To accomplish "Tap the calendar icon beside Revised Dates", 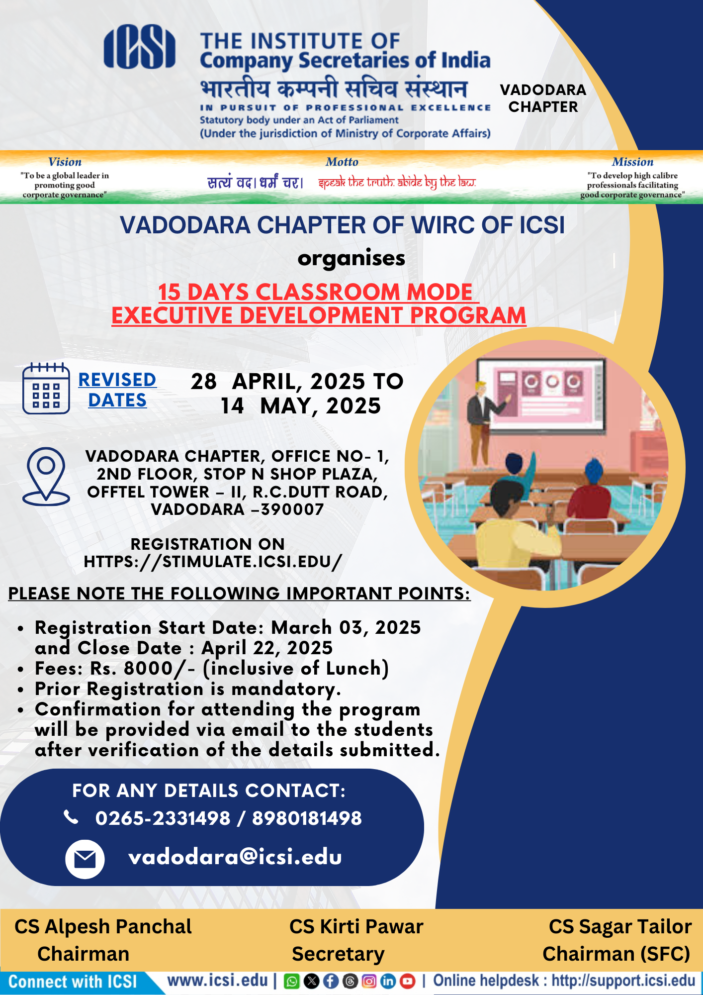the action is coord(46,388).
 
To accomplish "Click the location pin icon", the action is coord(46,476).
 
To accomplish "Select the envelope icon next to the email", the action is coord(85,859).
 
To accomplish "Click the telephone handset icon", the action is coord(71,817).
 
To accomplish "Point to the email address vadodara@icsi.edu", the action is coord(235,857).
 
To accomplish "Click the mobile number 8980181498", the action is coord(307,818).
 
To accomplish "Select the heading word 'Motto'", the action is coord(342,162).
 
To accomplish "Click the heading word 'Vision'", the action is coord(65,162).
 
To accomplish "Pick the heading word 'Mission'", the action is coord(632,162).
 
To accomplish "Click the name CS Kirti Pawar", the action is coord(356,926).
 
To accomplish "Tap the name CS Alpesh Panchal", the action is coord(103,926).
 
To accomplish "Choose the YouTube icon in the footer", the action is coord(408,981).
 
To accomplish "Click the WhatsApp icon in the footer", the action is coord(291,981).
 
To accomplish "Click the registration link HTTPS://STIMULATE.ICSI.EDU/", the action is coord(213,562).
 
